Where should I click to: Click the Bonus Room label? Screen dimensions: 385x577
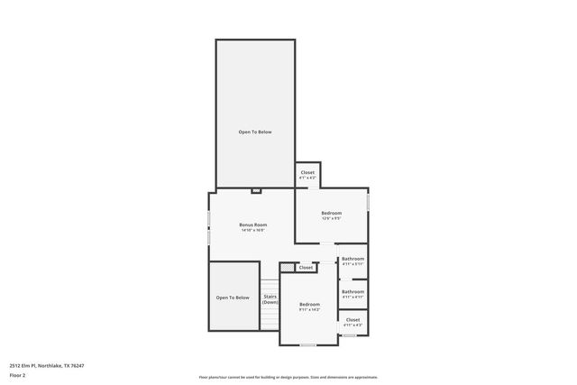(252, 225)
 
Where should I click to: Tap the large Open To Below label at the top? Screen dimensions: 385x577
(254, 132)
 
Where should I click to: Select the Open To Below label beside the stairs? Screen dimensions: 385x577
(232, 297)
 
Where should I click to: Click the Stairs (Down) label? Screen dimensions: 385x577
(270, 298)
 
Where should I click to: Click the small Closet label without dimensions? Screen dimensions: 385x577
(306, 267)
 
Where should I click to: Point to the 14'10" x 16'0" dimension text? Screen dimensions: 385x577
(252, 231)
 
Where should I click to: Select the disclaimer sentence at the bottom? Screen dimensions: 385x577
(288, 377)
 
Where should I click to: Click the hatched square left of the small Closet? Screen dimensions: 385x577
(287, 267)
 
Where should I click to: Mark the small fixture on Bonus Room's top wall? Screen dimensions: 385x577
(255, 191)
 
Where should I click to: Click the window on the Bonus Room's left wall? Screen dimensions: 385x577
(209, 228)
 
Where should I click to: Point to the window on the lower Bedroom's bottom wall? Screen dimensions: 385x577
(308, 345)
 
